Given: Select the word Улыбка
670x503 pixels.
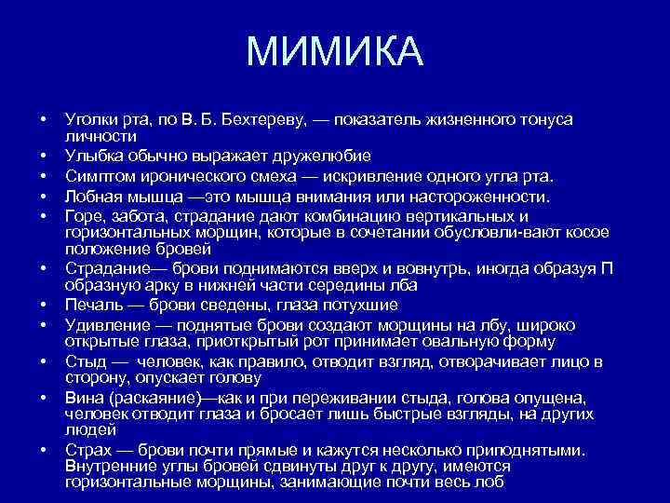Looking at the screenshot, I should [x=91, y=155].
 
